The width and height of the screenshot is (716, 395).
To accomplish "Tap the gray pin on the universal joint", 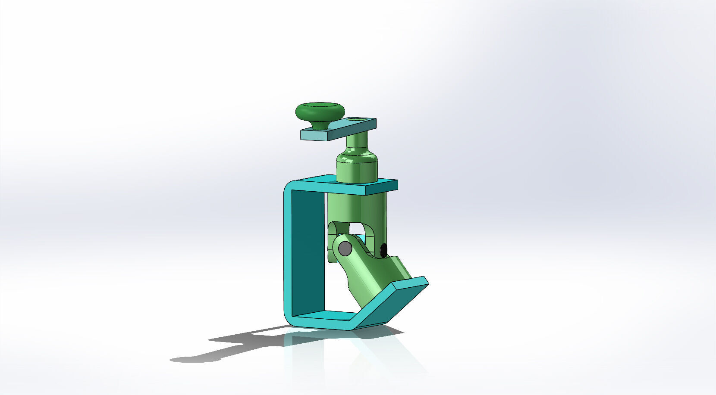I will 345,248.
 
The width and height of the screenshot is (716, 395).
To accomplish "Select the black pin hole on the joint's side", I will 383,249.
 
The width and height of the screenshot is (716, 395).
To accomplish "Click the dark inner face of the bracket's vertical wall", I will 308,250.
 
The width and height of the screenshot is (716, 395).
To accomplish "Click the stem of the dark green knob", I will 320,124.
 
